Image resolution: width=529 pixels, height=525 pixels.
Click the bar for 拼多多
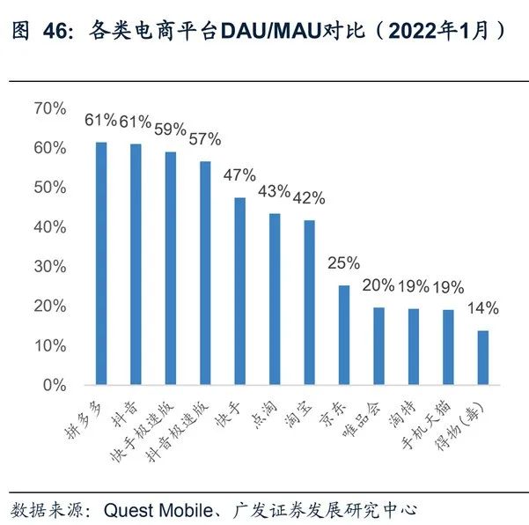[101, 263]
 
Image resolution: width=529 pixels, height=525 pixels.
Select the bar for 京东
[344, 335]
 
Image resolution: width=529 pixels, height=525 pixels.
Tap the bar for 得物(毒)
[482, 358]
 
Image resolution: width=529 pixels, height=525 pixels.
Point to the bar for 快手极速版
[171, 268]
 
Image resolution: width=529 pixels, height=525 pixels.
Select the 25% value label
[343, 263]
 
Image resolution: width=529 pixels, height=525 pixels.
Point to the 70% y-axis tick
[49, 108]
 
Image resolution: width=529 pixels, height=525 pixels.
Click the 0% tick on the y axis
[55, 385]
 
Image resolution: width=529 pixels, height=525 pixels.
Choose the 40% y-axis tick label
[49, 227]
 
